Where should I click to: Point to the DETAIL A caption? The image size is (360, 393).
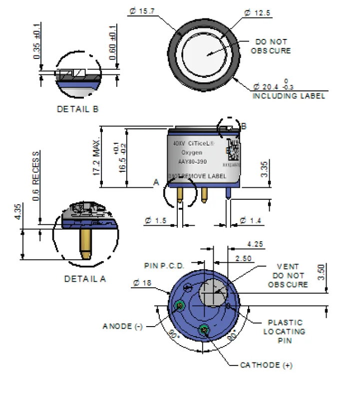85,279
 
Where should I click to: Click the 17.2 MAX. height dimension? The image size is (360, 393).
96,156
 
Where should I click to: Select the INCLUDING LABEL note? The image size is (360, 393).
289,95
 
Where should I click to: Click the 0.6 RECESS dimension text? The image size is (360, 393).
36,176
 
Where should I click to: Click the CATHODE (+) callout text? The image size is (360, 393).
266,365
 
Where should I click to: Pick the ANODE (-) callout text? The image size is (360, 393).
123,326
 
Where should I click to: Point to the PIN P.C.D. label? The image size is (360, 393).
164,265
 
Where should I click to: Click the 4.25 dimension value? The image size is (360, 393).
256,244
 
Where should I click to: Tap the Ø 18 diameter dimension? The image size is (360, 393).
142,283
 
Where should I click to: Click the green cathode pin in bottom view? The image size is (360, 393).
204,329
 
